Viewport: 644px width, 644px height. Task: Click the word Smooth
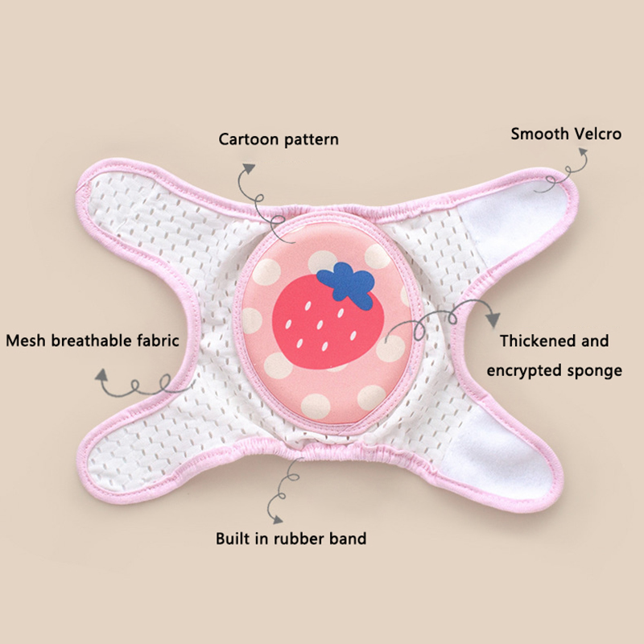pos(537,133)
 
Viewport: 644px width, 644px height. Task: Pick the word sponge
pos(595,371)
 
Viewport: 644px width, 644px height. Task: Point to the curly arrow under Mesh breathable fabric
pos(129,382)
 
